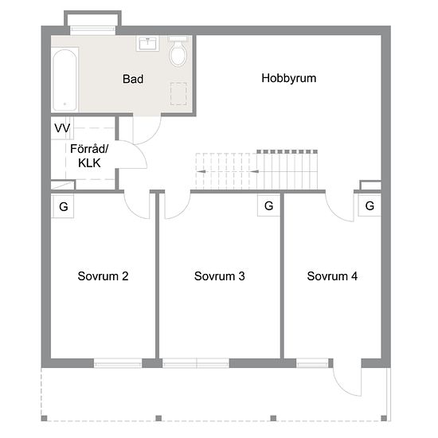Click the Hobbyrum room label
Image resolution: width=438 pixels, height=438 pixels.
coord(289,79)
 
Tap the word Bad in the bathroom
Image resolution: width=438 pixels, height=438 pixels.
coord(133,79)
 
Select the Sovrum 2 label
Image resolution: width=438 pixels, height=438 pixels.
coord(103,276)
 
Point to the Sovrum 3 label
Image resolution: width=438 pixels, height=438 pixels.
coord(220,276)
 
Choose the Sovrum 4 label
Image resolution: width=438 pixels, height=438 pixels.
coord(332,276)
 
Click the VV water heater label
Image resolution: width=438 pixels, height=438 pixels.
coord(62,128)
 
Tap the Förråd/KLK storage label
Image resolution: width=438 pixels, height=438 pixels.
coord(89,156)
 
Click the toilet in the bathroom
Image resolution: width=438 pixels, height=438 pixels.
coord(178,51)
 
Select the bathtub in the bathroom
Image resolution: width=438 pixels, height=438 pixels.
coord(65,80)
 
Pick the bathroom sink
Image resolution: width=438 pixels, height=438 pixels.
coord(147,43)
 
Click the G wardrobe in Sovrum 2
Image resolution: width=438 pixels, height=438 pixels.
coord(63,206)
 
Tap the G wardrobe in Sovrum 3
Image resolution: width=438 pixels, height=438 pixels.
coord(268,205)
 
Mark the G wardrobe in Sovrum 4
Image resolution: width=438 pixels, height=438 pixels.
coord(370,205)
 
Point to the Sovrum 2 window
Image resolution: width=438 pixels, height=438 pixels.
coord(118,364)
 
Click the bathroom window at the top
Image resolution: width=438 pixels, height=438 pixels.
coord(92,30)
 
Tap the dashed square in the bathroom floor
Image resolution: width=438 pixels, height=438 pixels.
coord(178,94)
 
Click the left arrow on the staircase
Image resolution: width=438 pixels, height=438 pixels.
coord(201,171)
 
